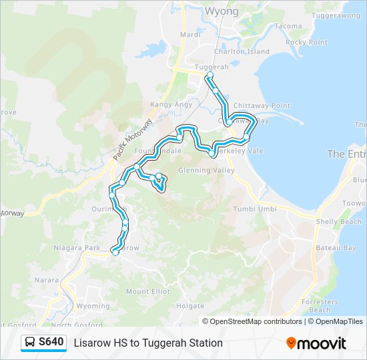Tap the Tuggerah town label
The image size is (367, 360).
(x=208, y=67)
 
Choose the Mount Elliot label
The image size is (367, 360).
(x=147, y=291)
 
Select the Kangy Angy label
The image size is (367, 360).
(x=171, y=105)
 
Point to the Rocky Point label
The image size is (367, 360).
(x=306, y=43)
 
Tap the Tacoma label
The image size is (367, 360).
(x=288, y=27)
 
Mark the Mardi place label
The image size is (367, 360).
(x=190, y=35)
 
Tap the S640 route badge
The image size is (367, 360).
(x=45, y=342)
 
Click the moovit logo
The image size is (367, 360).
(x=316, y=343)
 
